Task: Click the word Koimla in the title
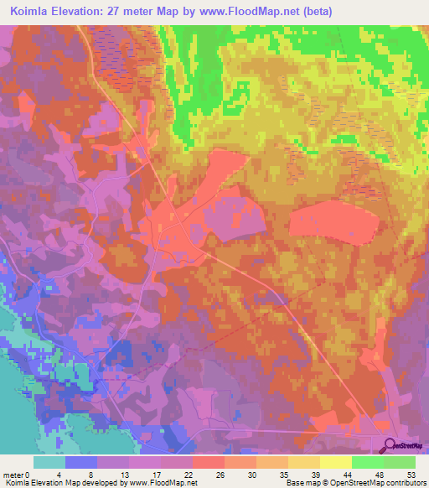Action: [x=33, y=12]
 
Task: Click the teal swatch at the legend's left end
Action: [x=49, y=462]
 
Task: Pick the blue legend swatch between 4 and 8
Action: [x=81, y=462]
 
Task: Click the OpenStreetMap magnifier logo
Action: [x=390, y=446]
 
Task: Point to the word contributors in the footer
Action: [x=402, y=483]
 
